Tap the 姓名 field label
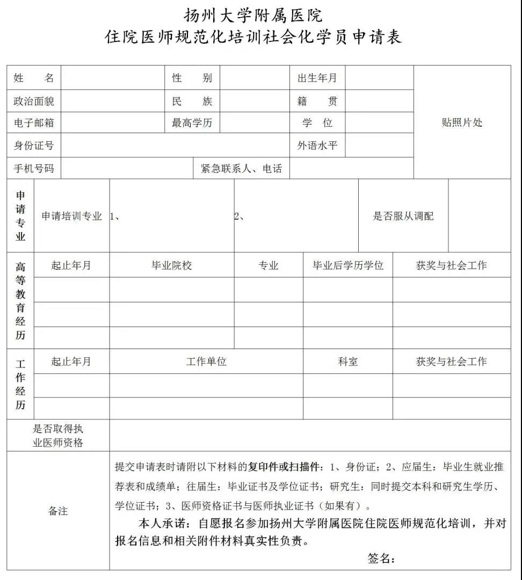(34, 78)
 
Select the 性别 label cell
(192, 78)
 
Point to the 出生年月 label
(317, 78)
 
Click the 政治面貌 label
(34, 101)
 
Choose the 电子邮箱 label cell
(34, 123)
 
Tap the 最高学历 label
(192, 123)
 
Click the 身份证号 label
(34, 146)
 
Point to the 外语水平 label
(317, 145)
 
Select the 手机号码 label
(34, 169)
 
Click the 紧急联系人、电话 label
(241, 169)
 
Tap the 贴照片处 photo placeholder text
(462, 122)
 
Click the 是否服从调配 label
(403, 216)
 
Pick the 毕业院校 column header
(172, 265)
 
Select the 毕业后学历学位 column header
(348, 265)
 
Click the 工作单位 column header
(206, 361)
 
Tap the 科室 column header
(347, 361)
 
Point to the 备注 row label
(58, 511)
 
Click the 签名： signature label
(381, 559)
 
